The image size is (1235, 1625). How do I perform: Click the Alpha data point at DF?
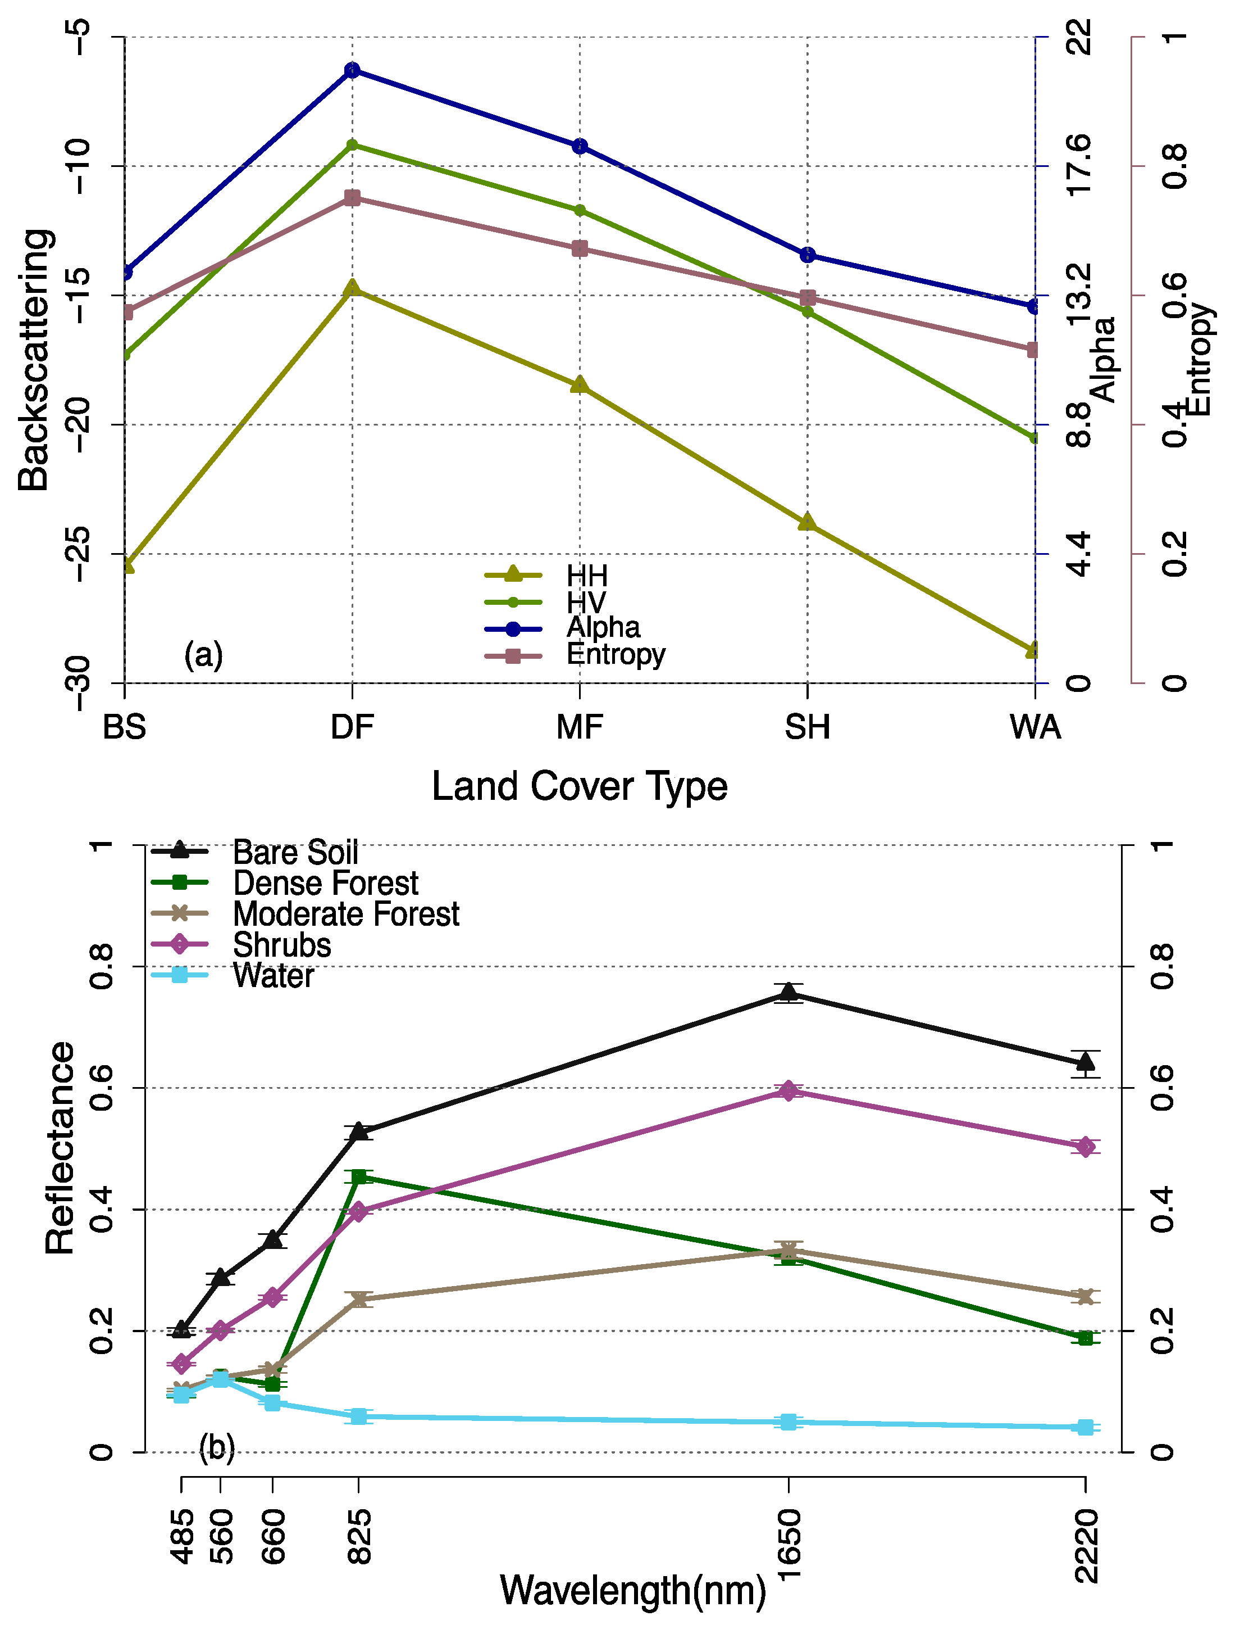tap(352, 70)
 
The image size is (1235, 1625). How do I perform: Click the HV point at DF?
tap(352, 145)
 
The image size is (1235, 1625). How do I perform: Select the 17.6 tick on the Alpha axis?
tap(1079, 165)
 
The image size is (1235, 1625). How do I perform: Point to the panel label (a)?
tap(204, 654)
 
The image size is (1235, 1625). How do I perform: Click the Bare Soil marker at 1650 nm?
tap(788, 992)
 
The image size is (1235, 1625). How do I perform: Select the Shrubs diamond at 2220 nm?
tap(1085, 1146)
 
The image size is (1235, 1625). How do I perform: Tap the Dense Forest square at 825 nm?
tap(359, 1177)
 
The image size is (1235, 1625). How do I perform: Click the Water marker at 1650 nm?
tap(788, 1421)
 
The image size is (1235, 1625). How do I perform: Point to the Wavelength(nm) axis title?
tap(632, 1590)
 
